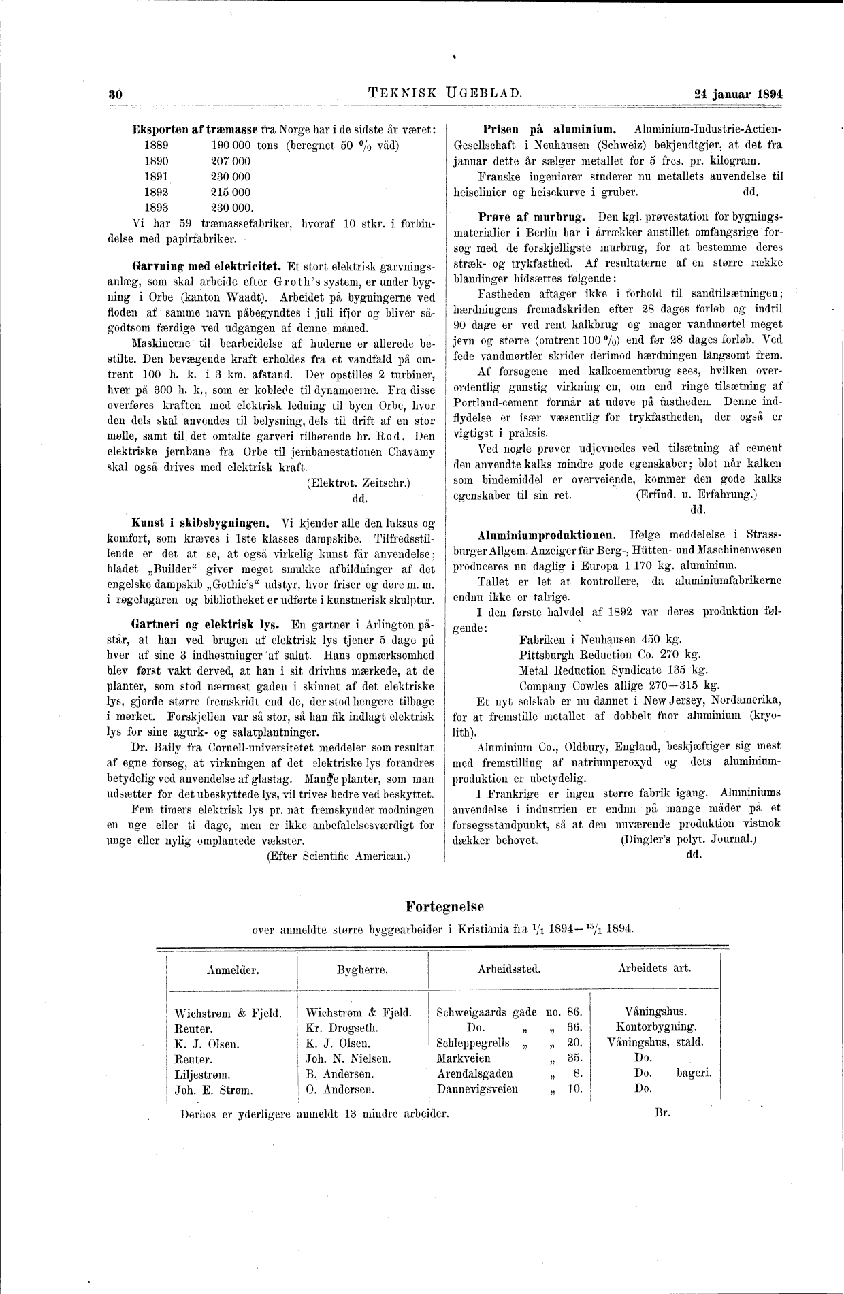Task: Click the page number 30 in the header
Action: [114, 95]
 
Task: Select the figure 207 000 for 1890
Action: [231, 161]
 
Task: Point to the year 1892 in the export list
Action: [157, 192]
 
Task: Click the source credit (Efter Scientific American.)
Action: [338, 856]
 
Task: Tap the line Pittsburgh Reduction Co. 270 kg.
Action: [609, 654]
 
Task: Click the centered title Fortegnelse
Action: [444, 907]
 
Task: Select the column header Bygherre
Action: [362, 969]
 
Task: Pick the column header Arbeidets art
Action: [654, 967]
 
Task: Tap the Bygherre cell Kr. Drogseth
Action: [342, 1028]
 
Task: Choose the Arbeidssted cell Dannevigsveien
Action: [477, 1089]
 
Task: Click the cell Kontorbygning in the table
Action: [655, 1026]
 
